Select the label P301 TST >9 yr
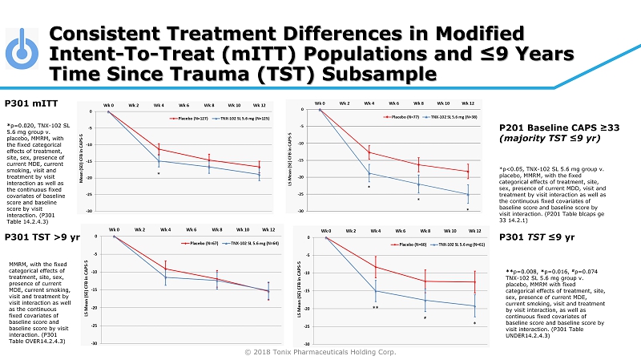click(41, 237)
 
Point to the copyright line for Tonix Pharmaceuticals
click(321, 351)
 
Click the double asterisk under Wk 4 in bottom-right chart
click(375, 307)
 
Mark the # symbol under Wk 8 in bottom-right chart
click(425, 318)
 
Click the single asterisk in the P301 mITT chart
click(159, 173)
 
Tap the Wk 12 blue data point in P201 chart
click(468, 194)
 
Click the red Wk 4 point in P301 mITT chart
click(159, 149)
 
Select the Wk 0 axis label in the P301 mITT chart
click(108, 105)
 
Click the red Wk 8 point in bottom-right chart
click(425, 281)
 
